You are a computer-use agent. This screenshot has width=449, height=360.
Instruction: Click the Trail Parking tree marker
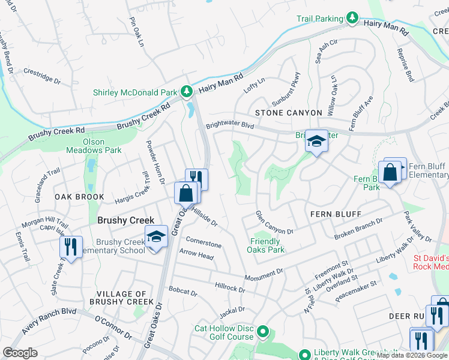pos(353,19)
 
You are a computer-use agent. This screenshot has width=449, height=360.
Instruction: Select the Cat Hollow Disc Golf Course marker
pos(262,331)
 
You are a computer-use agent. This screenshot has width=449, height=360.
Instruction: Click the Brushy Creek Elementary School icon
pos(156,236)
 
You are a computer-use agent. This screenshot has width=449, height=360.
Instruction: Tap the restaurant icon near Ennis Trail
pos(71,245)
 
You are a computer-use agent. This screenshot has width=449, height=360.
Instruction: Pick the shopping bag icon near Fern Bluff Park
pos(390,173)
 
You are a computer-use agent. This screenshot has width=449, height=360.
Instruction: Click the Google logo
pos(20,352)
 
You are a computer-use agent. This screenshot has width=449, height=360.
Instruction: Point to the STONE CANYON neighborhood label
pos(281,112)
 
